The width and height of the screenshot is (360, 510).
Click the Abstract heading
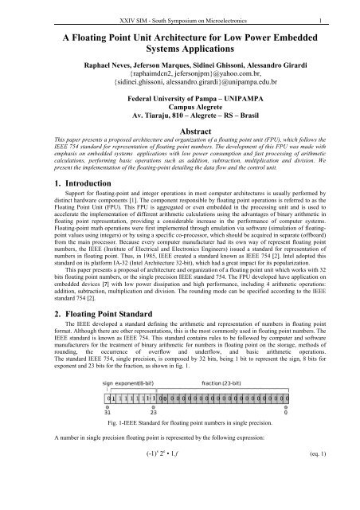179,157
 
